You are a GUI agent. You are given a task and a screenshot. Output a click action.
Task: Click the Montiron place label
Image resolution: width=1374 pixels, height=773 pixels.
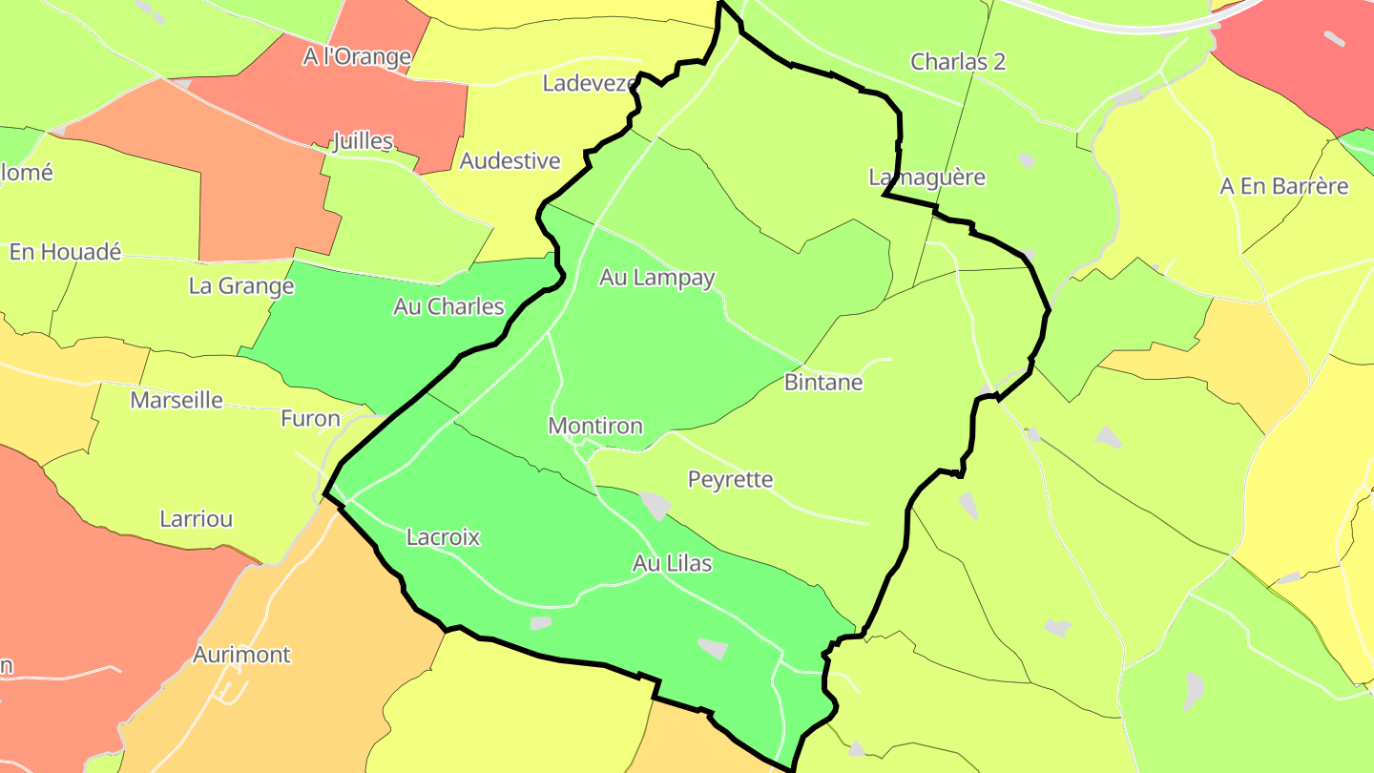click(x=595, y=427)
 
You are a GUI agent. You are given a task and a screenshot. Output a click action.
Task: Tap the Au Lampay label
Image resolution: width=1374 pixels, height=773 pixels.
click(x=657, y=278)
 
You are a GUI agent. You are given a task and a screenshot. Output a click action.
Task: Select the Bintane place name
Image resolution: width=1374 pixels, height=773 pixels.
click(x=823, y=383)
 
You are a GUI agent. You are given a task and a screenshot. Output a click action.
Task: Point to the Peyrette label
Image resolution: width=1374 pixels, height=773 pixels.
click(x=731, y=479)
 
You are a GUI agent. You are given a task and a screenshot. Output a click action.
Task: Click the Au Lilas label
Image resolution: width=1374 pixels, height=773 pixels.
click(x=673, y=564)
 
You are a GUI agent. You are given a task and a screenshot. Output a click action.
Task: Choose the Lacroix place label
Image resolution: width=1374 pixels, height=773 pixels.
click(x=443, y=537)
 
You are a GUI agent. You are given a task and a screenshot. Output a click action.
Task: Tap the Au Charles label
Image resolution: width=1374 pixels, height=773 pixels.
click(x=448, y=306)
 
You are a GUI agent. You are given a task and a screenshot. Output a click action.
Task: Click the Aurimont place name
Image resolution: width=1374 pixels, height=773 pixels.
click(x=241, y=655)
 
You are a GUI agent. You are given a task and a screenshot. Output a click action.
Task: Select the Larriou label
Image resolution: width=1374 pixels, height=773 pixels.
click(x=197, y=519)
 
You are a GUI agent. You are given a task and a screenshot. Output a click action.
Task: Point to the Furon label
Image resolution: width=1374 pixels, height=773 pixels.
click(x=310, y=418)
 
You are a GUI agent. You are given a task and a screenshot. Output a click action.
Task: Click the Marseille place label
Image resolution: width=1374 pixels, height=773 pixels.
click(x=177, y=400)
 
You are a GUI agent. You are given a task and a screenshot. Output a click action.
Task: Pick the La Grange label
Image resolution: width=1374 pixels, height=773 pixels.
click(x=241, y=285)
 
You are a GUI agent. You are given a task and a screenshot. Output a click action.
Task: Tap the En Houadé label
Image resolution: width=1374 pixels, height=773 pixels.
click(x=66, y=252)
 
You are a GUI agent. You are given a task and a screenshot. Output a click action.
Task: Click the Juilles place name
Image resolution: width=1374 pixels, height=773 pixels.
click(x=363, y=142)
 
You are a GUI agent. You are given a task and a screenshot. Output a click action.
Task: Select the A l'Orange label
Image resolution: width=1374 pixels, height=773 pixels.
click(x=357, y=57)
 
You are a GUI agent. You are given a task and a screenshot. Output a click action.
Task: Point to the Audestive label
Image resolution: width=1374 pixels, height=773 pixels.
click(x=510, y=160)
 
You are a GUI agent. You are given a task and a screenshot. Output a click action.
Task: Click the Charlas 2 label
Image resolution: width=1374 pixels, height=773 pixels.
click(x=958, y=62)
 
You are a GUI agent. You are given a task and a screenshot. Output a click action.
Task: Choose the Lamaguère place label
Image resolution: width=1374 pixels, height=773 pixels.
click(x=926, y=177)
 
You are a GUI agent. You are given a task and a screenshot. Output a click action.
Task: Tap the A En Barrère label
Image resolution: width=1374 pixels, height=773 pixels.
click(x=1284, y=186)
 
